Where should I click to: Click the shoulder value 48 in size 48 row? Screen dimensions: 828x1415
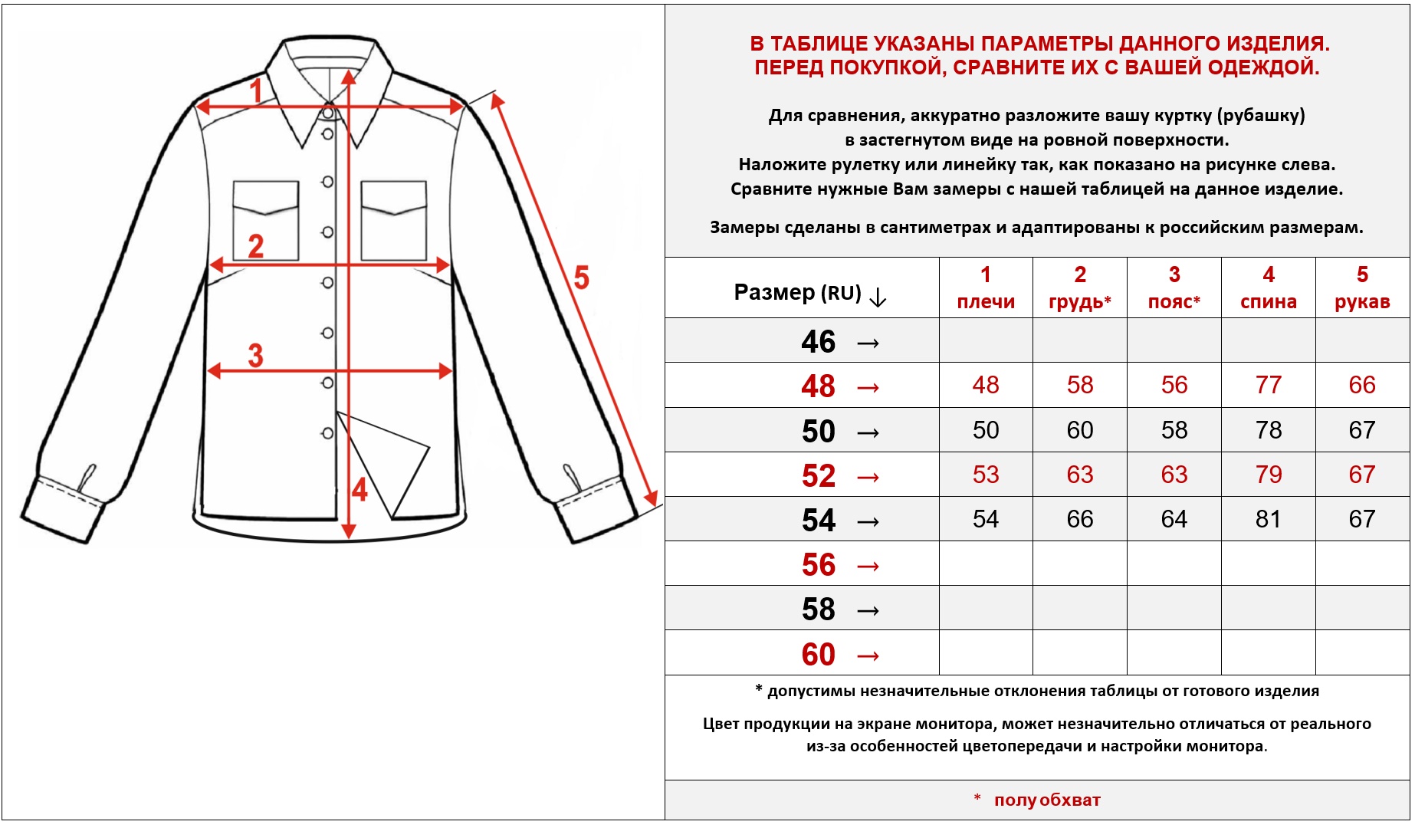point(985,385)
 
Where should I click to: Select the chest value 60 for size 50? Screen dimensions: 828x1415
point(1079,430)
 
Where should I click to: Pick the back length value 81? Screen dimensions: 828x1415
point(1268,519)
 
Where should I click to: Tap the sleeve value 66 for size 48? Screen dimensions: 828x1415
point(1361,385)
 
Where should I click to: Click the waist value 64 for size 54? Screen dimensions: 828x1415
point(1174,519)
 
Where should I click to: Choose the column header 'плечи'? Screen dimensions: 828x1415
point(986,302)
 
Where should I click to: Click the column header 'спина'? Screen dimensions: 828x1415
point(1269,302)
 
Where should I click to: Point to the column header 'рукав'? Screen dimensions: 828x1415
point(1362,302)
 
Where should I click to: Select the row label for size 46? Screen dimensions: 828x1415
point(818,342)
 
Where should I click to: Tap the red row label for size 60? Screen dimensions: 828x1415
point(818,655)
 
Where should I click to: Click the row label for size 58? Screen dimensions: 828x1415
point(818,610)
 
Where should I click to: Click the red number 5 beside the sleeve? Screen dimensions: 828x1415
point(582,278)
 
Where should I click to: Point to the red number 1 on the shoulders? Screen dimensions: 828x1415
point(256,91)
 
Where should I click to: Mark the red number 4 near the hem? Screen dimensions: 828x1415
point(359,489)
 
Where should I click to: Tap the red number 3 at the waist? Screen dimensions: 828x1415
point(255,356)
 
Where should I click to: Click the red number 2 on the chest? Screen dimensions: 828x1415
point(255,246)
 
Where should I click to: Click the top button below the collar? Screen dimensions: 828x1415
point(328,113)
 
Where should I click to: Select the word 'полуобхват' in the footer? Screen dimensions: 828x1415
point(1046,800)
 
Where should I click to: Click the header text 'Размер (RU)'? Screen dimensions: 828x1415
point(797,293)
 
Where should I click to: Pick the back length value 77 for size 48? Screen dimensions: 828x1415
point(1268,385)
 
